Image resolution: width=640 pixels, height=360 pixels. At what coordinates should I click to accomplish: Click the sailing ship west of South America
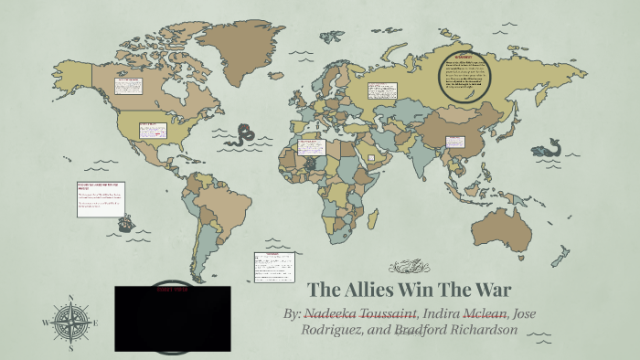[127, 221]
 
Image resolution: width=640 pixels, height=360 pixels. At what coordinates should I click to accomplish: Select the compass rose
[69, 322]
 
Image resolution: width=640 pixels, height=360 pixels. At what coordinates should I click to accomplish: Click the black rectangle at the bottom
[173, 319]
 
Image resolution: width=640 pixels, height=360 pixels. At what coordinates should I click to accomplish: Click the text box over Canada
[126, 88]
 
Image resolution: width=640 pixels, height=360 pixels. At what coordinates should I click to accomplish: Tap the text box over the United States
[150, 129]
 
